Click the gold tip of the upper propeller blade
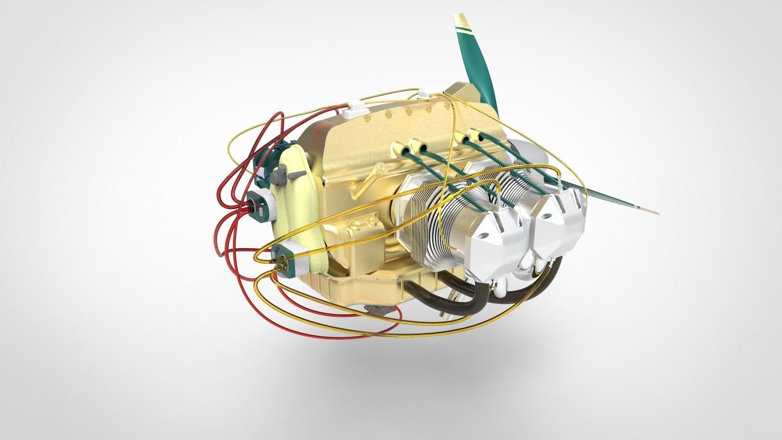(460, 22)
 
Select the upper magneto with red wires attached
(261, 203)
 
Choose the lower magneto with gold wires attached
(291, 260)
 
